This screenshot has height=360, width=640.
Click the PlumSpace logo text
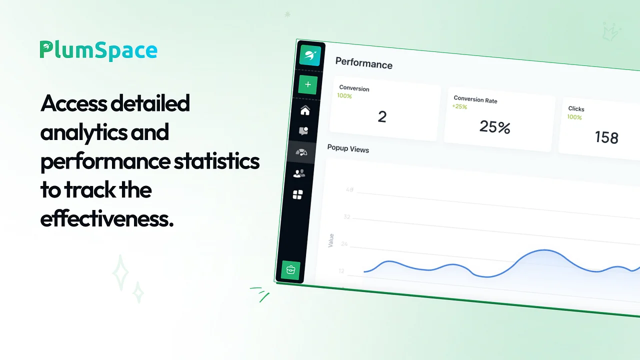tap(98, 51)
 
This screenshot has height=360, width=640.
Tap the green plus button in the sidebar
tap(307, 84)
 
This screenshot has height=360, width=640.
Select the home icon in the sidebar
tap(305, 110)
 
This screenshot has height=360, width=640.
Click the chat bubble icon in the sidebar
tap(303, 131)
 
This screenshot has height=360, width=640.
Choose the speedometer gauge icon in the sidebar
tap(301, 152)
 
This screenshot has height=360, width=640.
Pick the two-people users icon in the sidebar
tap(299, 173)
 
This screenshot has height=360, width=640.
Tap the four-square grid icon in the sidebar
tap(297, 194)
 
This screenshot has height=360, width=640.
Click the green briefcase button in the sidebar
tap(290, 270)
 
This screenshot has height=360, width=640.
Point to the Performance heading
tap(363, 63)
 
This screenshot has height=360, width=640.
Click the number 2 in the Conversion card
tap(382, 117)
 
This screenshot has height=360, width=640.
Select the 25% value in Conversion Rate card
tap(495, 127)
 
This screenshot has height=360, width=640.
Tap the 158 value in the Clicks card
tap(606, 137)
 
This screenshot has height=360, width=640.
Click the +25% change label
tap(459, 106)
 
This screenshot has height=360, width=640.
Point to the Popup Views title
tap(348, 148)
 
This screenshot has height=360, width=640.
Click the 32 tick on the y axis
tap(346, 217)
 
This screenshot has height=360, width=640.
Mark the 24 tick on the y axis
tap(344, 244)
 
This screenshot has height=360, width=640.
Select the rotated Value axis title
tap(331, 240)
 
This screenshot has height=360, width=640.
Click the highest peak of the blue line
tap(544, 250)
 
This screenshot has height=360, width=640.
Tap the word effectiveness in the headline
tap(107, 219)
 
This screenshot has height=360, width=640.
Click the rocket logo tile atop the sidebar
tap(310, 55)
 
